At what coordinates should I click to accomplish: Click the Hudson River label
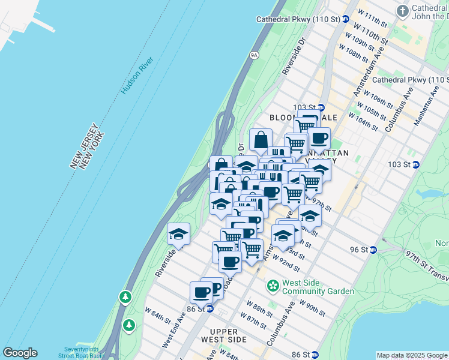(x=137, y=76)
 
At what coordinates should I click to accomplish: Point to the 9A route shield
(x=253, y=55)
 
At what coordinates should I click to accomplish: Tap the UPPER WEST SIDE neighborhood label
(x=228, y=335)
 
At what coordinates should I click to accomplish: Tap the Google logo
(x=20, y=353)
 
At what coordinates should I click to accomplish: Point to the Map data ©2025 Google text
(x=411, y=355)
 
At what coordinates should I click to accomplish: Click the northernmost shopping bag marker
(x=261, y=141)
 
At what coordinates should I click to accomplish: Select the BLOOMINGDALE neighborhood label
(x=295, y=118)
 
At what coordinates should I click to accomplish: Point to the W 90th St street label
(x=312, y=308)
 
